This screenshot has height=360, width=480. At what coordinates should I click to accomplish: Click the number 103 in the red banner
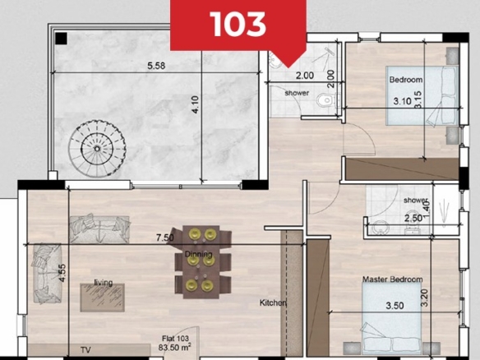click(x=238, y=24)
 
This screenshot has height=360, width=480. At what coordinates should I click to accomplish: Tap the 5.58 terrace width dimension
click(x=156, y=66)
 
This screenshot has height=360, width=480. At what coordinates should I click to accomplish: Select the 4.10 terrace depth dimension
click(x=196, y=104)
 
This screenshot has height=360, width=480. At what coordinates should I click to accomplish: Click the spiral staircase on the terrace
click(x=97, y=149)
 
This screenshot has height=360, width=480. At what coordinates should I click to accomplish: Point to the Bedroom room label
click(x=406, y=80)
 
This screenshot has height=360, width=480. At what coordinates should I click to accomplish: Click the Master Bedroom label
click(x=392, y=279)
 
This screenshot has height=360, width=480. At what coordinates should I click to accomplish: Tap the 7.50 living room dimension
click(x=165, y=238)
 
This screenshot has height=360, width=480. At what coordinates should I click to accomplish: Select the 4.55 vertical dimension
click(x=62, y=273)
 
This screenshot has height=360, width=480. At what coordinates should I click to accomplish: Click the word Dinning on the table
click(x=198, y=254)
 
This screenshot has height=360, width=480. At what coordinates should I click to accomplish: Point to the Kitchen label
click(x=273, y=302)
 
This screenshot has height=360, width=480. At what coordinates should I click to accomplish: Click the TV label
click(x=86, y=350)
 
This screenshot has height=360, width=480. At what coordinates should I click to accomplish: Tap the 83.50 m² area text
click(x=175, y=348)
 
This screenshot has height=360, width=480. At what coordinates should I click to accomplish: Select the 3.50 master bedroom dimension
click(x=395, y=306)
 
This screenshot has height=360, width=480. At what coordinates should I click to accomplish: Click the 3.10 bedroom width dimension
click(x=402, y=101)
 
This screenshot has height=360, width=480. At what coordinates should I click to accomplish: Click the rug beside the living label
click(x=103, y=298)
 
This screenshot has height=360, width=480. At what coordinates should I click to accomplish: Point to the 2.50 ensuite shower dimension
click(x=413, y=219)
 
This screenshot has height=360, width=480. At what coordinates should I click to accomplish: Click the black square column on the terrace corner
click(x=61, y=39)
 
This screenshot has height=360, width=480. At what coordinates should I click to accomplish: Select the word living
click(x=104, y=283)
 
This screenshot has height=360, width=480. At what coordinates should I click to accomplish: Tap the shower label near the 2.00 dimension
click(x=297, y=93)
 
